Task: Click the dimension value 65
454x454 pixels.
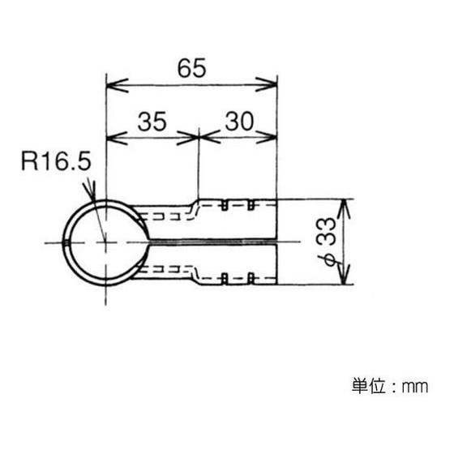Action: tap(191, 68)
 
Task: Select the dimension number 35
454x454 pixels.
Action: tap(152, 122)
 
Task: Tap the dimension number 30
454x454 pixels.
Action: tap(239, 121)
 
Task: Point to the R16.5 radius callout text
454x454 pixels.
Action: tap(57, 161)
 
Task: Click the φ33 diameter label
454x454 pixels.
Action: tap(327, 242)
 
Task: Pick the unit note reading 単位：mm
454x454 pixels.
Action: tap(390, 386)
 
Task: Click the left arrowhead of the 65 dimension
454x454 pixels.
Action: tap(118, 85)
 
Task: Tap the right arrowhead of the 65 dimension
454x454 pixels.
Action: tap(267, 85)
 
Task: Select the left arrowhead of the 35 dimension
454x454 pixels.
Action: tap(117, 138)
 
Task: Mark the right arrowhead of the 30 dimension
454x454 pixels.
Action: tap(267, 137)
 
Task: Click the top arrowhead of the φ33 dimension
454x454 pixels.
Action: tap(344, 209)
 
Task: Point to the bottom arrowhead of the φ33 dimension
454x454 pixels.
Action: tap(344, 274)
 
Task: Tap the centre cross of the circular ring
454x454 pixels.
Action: tap(105, 242)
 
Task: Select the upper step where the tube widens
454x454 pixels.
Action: tap(195, 204)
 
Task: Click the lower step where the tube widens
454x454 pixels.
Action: tap(195, 279)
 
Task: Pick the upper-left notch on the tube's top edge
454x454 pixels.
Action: tap(224, 204)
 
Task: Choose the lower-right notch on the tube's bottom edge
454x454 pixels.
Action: tap(251, 279)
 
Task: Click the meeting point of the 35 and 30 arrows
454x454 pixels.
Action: tap(199, 137)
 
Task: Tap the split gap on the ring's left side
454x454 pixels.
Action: tap(66, 242)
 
